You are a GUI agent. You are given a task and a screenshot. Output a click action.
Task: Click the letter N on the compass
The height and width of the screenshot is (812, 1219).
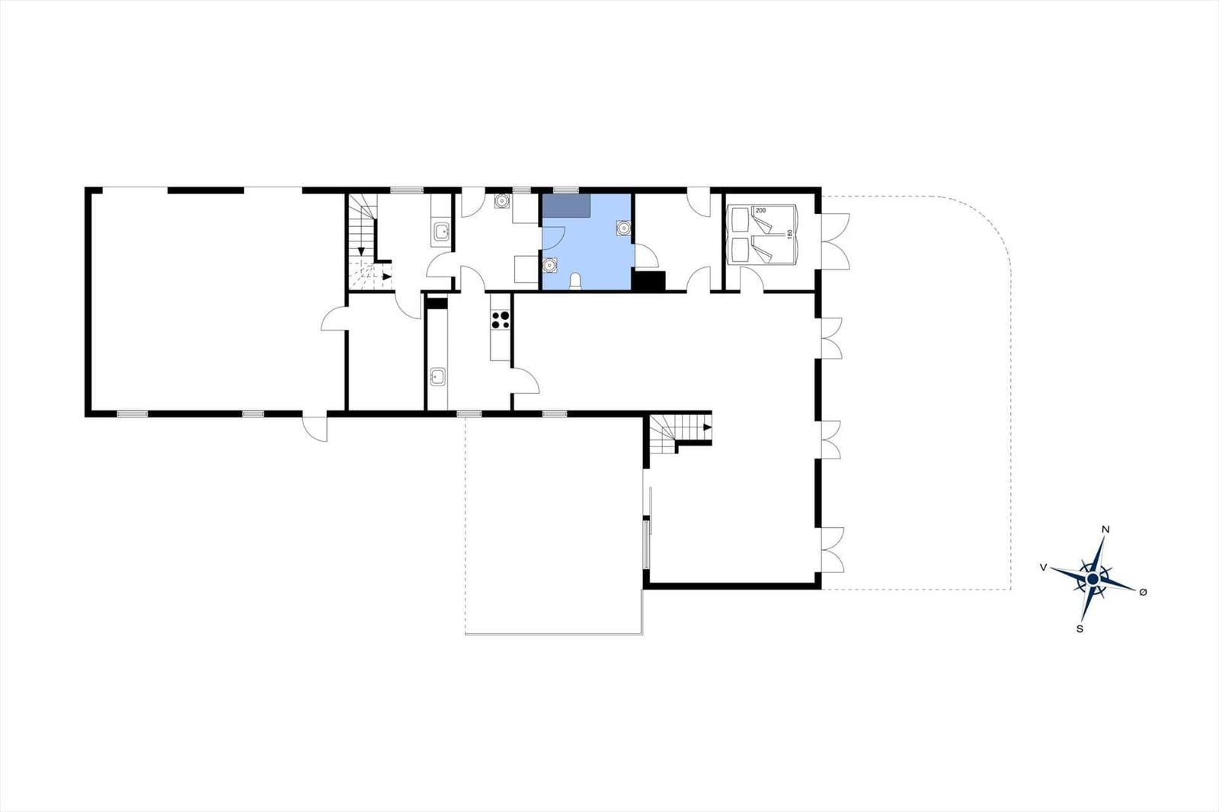(x=1105, y=529)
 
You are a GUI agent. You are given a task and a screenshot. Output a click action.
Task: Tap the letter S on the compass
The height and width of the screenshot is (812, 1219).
(x=1080, y=629)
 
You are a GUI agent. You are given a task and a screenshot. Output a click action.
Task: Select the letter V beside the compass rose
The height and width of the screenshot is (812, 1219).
(x=1043, y=567)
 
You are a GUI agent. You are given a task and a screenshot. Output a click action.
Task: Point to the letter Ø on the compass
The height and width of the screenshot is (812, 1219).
(x=1143, y=592)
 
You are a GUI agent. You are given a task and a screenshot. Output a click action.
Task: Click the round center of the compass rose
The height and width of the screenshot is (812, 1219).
(x=1093, y=580)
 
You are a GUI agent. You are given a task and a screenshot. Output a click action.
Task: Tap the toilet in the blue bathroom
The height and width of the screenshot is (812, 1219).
(x=575, y=281)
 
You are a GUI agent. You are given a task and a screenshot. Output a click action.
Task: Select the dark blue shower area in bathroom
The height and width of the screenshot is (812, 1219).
(x=567, y=205)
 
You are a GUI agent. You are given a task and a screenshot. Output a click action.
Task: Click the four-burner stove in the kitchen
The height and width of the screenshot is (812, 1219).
(x=500, y=319)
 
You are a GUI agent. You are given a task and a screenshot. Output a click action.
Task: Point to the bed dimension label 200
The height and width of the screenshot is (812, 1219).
(x=761, y=210)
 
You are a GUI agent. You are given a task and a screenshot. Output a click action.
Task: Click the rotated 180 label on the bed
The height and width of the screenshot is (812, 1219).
(x=789, y=234)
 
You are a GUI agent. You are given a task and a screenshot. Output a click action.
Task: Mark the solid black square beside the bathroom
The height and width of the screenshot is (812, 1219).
(x=648, y=281)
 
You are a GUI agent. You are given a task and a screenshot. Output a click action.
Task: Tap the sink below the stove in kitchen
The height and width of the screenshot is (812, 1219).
(x=437, y=376)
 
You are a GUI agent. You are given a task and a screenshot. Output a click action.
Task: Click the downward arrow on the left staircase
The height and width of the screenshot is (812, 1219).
(x=361, y=251)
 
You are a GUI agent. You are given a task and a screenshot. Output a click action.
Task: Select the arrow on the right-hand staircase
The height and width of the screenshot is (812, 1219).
(x=708, y=427)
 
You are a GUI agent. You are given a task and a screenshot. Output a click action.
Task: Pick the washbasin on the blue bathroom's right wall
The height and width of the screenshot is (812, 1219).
(x=624, y=228)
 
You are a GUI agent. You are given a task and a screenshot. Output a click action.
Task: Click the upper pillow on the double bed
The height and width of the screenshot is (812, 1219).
(x=740, y=220)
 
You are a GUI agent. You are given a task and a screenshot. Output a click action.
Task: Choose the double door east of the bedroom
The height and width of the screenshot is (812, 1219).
(x=836, y=241)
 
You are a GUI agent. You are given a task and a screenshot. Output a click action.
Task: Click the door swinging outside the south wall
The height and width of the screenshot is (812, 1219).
(x=315, y=429)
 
